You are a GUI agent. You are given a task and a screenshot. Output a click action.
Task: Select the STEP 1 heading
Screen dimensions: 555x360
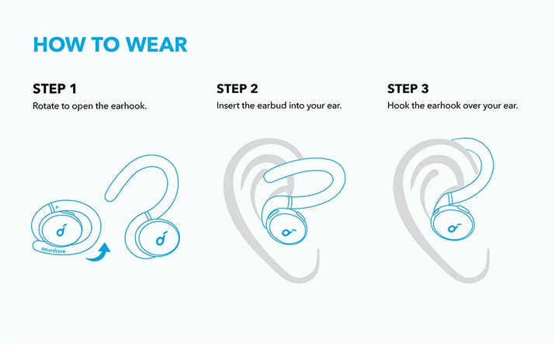tap(54, 88)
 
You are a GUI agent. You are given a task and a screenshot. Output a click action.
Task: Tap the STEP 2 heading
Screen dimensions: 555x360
tap(238, 88)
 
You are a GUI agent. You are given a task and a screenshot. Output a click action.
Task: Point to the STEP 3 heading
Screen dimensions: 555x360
tap(408, 88)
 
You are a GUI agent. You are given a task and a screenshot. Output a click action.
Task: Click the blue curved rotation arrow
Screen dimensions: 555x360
tap(99, 253)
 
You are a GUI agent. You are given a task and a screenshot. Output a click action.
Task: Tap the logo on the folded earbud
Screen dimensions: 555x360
tap(61, 231)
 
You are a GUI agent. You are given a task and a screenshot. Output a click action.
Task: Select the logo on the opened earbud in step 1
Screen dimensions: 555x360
tap(161, 238)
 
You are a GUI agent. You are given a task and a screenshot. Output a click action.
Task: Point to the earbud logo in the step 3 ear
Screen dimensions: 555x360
tap(454, 227)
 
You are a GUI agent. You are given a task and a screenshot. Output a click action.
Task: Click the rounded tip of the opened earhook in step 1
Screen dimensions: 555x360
tap(109, 196)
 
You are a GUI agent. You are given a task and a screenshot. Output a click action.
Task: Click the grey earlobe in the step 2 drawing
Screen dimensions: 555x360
tap(304, 268)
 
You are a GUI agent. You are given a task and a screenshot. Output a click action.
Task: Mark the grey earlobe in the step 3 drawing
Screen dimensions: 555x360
tap(473, 268)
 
